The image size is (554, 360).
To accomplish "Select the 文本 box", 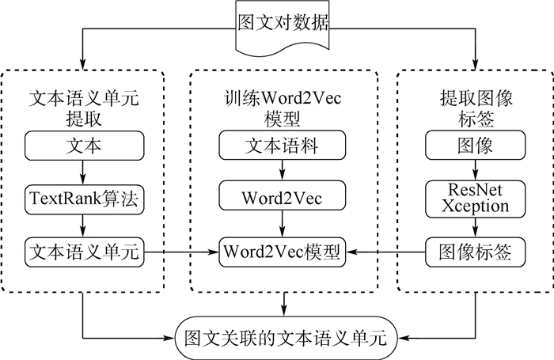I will click(x=83, y=146).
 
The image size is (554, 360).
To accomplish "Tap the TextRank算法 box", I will click(x=83, y=199).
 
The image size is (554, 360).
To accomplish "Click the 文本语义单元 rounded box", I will click(x=83, y=252).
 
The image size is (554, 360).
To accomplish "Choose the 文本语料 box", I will click(x=282, y=146).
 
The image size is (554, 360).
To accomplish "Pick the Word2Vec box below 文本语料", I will click(x=282, y=199).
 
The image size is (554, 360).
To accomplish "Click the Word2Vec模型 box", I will click(x=282, y=252).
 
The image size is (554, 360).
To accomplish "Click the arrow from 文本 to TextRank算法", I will click(x=83, y=171).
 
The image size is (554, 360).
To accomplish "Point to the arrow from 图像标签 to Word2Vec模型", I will click(x=387, y=252).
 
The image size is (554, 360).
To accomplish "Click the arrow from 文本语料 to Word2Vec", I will click(x=282, y=171).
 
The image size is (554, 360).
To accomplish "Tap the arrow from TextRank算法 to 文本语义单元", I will click(x=83, y=225).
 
